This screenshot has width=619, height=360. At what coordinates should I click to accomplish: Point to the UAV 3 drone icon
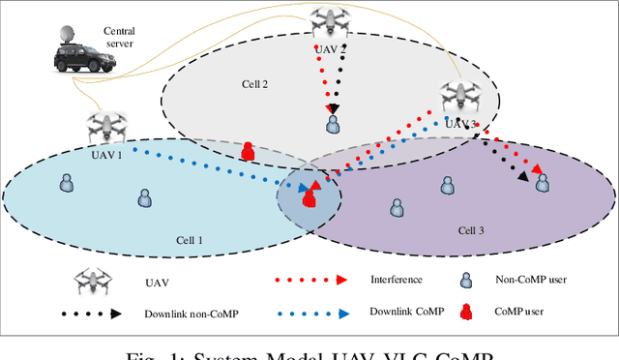coord(460,96)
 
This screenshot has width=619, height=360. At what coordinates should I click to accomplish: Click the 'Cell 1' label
coord(187,240)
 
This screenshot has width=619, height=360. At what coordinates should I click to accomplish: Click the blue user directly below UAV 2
coord(333,125)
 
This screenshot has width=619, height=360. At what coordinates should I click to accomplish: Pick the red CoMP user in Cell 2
coord(248,151)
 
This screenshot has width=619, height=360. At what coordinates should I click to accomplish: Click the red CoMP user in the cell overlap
coord(309,198)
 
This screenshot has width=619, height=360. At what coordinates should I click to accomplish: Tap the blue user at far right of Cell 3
coord(544,182)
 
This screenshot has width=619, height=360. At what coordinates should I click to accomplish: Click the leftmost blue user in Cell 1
coord(67,182)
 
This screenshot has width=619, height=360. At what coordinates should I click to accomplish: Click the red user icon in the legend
coord(465,313)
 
